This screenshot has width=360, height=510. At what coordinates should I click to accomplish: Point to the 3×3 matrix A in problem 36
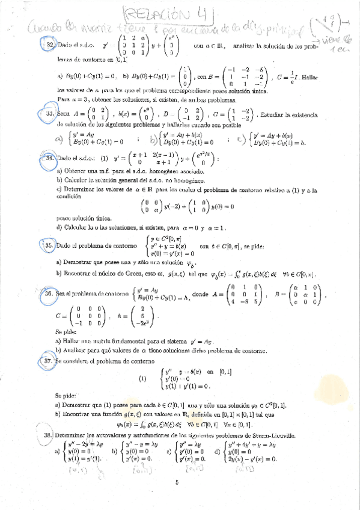pyautogui.click(x=240, y=295)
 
